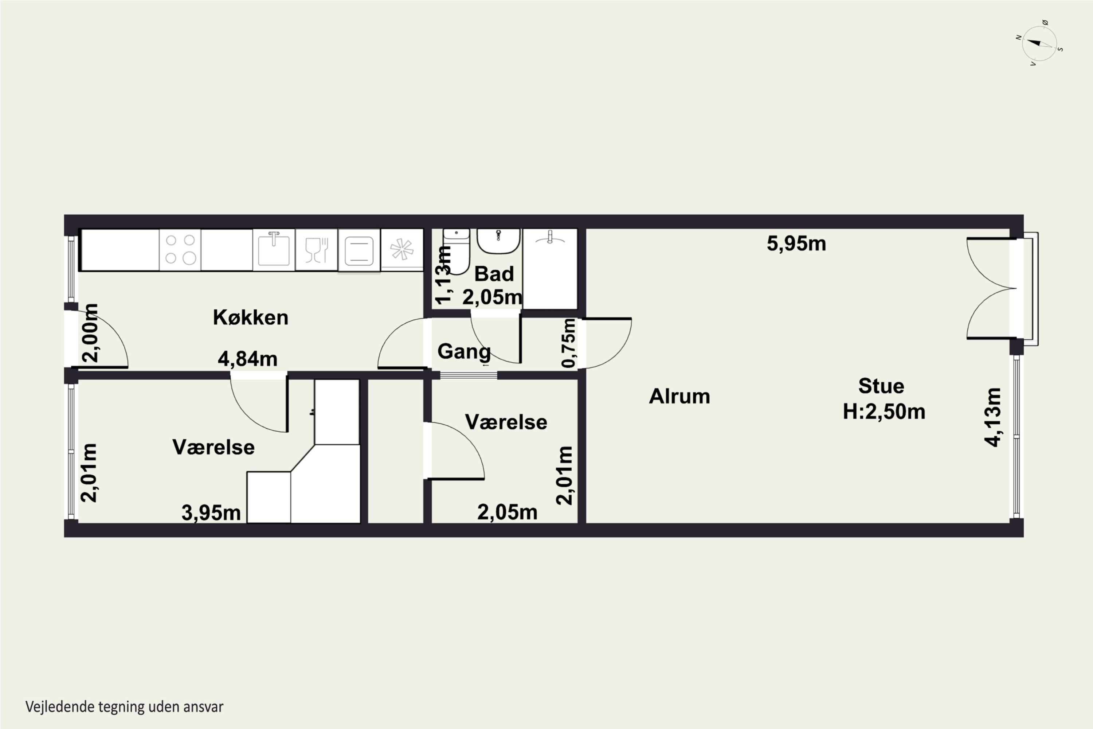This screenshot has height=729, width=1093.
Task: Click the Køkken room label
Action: [251, 317]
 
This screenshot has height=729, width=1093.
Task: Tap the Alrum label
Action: [679, 397]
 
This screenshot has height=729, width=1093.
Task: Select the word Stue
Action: [881, 386]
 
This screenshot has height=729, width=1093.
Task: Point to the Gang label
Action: [464, 351]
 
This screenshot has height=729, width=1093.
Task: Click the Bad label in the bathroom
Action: [494, 274]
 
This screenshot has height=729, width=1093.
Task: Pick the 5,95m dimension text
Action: [796, 243]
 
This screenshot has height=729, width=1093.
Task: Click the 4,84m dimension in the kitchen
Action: [248, 359]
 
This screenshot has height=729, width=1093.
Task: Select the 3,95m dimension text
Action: [211, 513]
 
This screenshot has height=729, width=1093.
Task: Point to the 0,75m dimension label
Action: [568, 343]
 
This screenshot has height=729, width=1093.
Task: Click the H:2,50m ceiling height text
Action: [884, 412]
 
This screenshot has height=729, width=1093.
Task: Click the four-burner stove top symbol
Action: [180, 250]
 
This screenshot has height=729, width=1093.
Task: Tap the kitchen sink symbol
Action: [274, 250]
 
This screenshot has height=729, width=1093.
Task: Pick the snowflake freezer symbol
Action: [402, 250]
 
